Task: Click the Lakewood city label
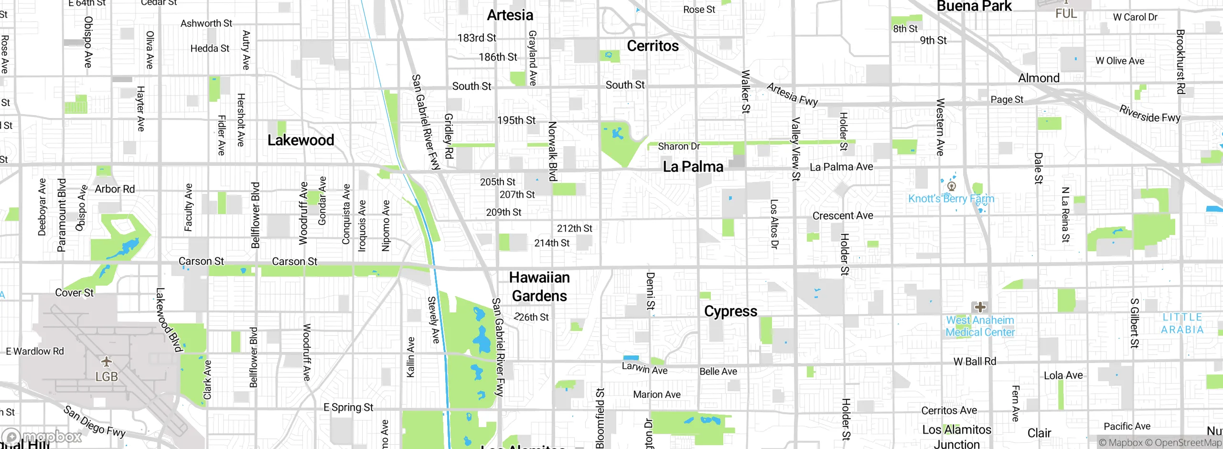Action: click(300, 140)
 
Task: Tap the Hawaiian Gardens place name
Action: click(539, 287)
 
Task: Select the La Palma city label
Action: click(693, 167)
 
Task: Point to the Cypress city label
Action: click(730, 311)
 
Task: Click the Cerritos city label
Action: click(653, 46)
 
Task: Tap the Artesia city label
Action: click(510, 15)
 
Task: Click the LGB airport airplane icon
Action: click(106, 361)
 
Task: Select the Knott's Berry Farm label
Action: click(951, 199)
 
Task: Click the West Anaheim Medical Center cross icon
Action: click(980, 307)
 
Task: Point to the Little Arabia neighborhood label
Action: click(1182, 323)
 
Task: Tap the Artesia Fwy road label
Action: click(792, 94)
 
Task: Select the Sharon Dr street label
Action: click(678, 146)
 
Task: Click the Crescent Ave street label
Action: click(843, 215)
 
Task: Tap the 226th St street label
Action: click(531, 317)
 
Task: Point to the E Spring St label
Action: click(348, 407)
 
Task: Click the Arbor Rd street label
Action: click(115, 189)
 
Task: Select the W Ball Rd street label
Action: click(975, 362)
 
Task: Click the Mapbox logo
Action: click(42, 437)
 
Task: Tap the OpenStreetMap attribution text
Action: click(1188, 443)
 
